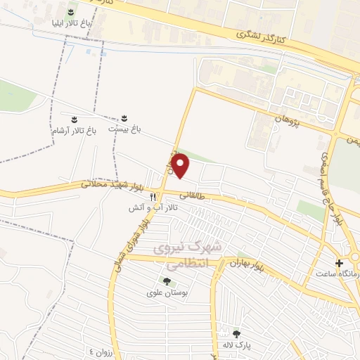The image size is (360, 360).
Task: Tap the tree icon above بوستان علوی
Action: (x=167, y=281)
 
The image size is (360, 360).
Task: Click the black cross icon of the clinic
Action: (x=340, y=262)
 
